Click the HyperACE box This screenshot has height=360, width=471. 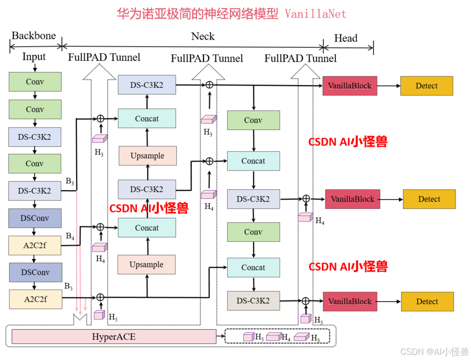114,336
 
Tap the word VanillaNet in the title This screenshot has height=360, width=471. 316,14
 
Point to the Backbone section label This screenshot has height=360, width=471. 34,36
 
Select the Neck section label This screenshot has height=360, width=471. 203,36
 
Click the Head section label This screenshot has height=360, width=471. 346,38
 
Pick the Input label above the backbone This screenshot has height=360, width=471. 34,57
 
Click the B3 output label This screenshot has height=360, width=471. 70,181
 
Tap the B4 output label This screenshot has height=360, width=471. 70,236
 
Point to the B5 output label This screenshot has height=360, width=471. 68,286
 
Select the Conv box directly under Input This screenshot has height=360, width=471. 35,82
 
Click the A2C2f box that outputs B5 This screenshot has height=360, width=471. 36,299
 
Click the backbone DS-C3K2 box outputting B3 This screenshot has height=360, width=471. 35,191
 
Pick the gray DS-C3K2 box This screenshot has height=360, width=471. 253,301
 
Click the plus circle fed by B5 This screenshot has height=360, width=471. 100,297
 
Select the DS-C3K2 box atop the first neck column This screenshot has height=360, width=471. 147,85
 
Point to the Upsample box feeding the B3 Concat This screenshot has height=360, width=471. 147,156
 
